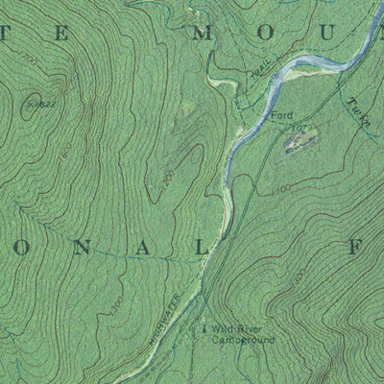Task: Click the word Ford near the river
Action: tap(280, 116)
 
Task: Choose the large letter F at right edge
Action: tap(355, 248)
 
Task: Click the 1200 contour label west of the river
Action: tap(167, 179)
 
